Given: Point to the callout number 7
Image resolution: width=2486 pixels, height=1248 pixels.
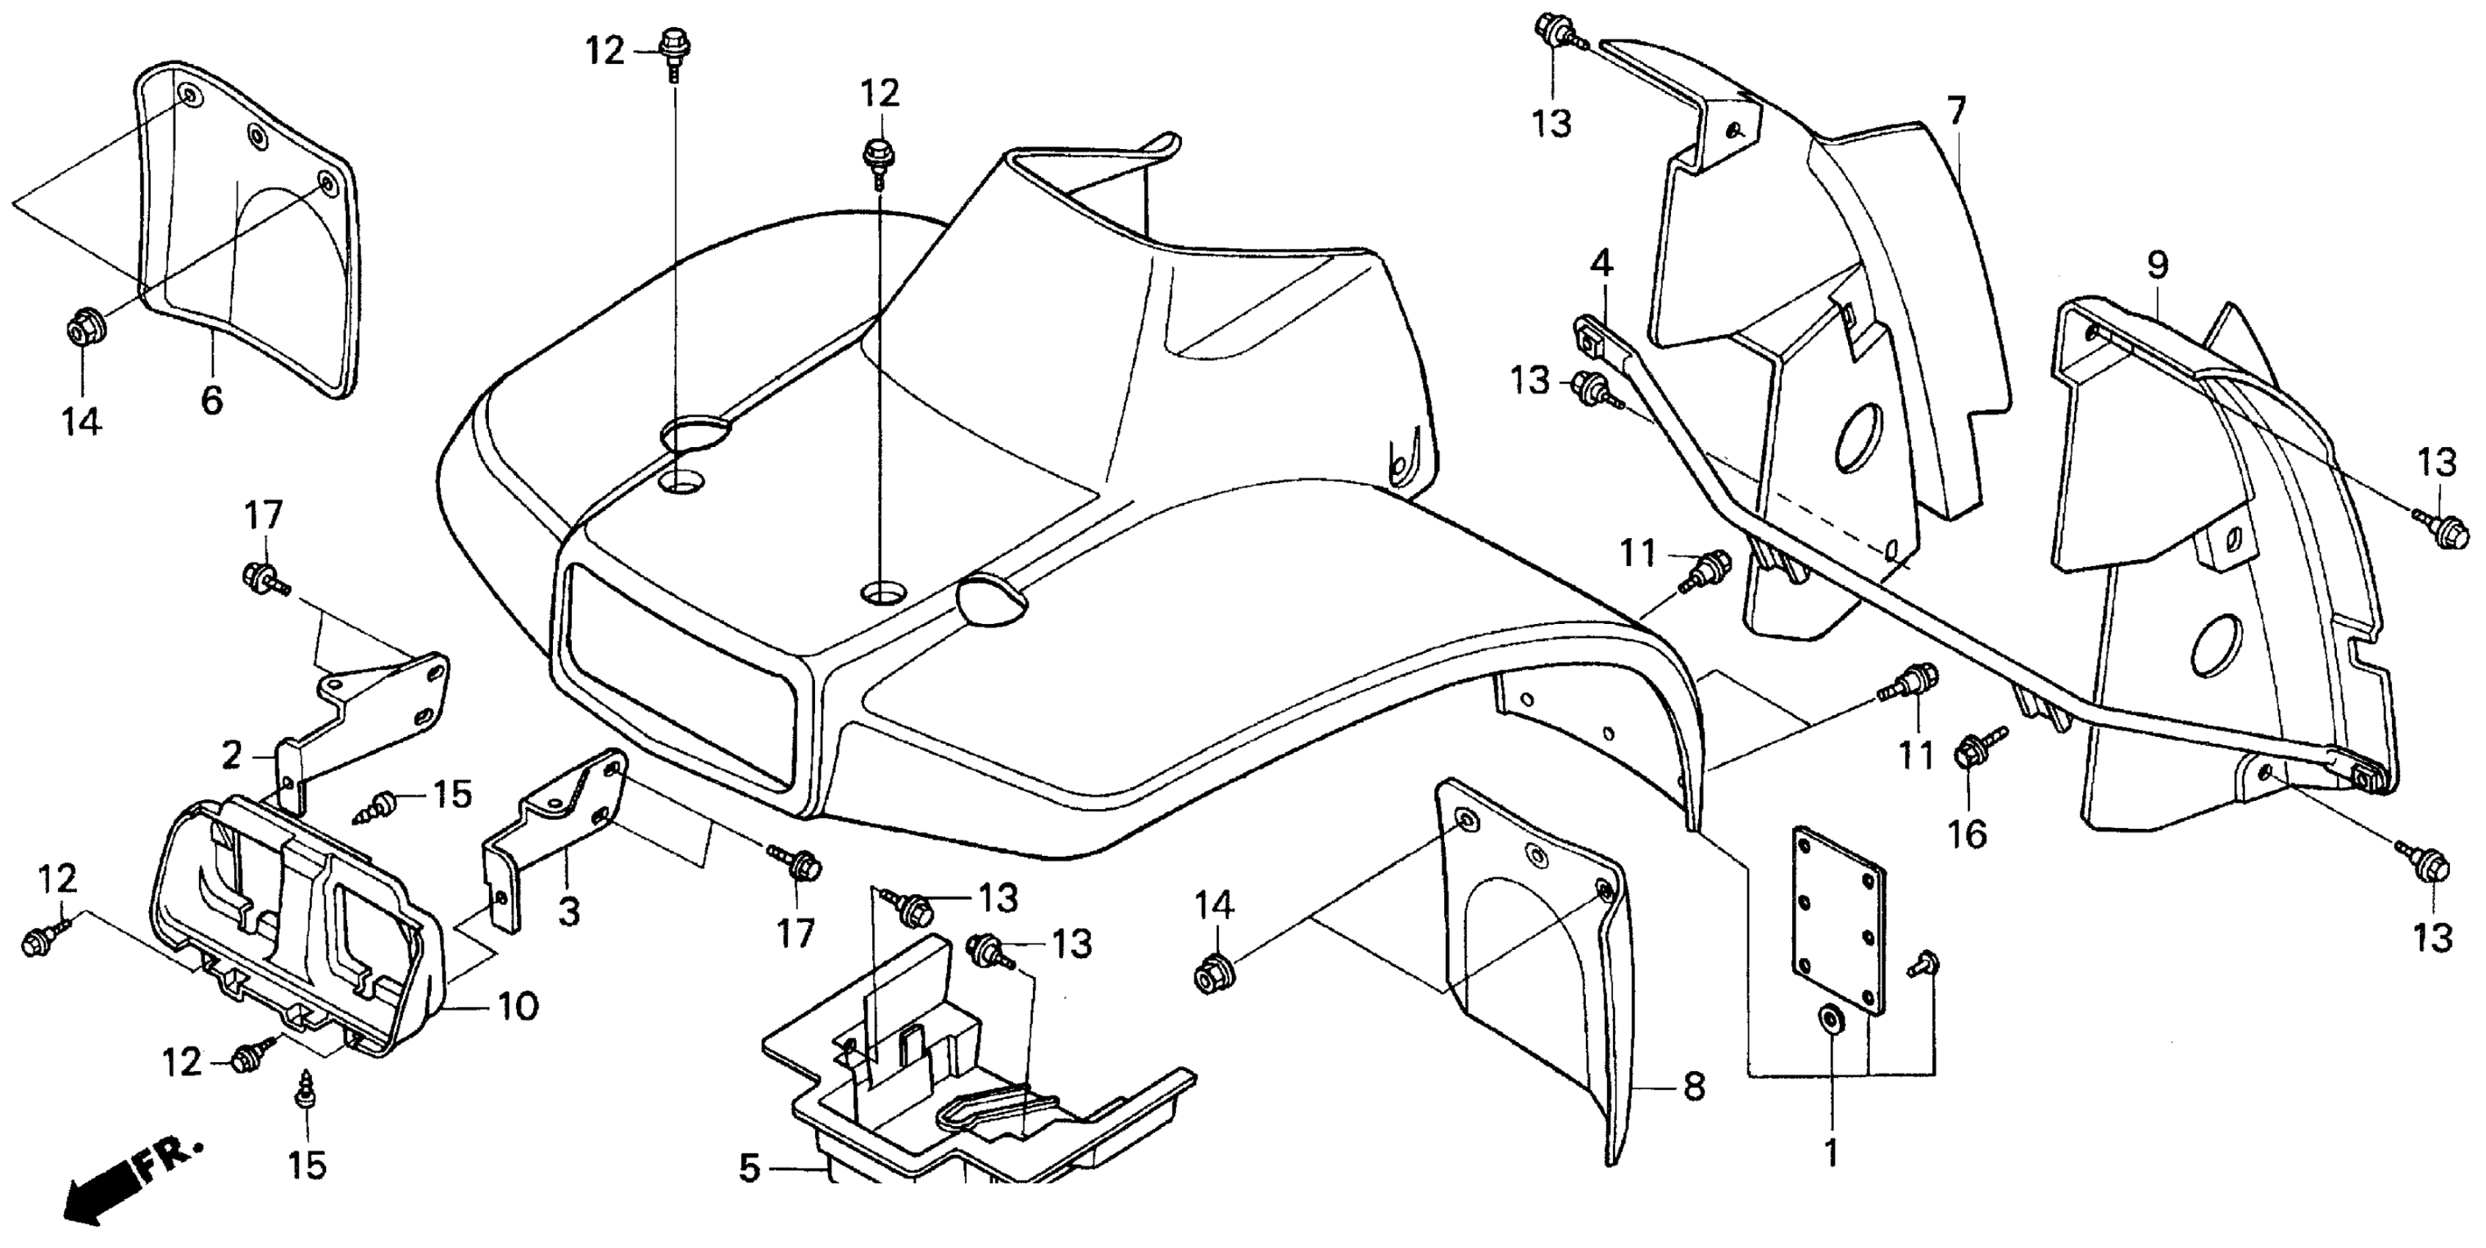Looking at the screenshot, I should (1955, 111).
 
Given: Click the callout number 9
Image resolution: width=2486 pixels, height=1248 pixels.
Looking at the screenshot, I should (2157, 264).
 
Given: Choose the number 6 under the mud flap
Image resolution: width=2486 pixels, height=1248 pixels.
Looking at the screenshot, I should (211, 399).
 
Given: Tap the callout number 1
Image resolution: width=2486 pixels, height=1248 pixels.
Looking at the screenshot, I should (1830, 1153).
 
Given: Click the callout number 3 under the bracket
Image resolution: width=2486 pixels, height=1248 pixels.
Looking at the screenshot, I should (570, 910).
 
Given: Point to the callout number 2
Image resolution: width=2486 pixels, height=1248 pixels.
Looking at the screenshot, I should (231, 755).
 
